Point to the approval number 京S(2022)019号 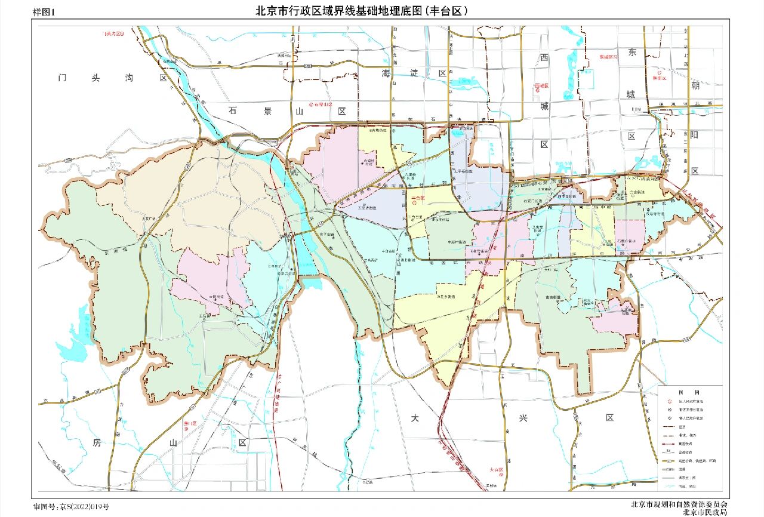pos(71,507)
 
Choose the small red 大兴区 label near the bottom pos(497,470)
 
